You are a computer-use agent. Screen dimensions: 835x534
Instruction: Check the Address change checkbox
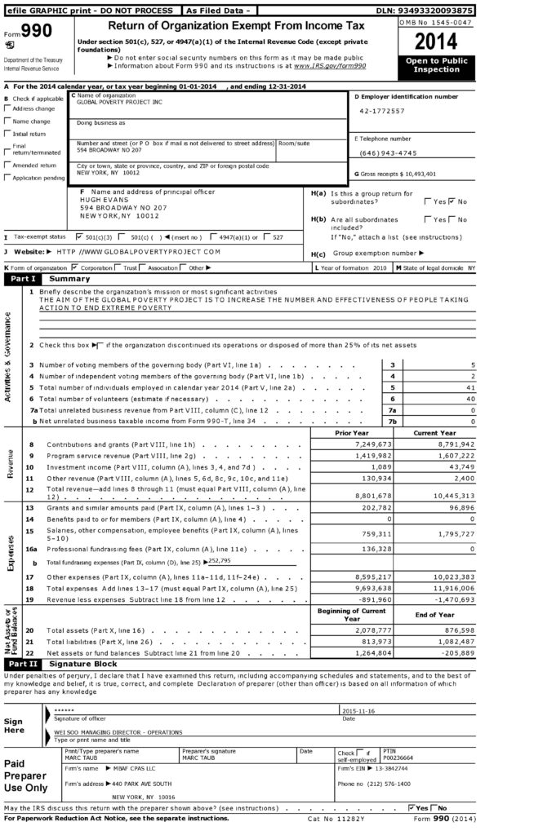(x=8, y=108)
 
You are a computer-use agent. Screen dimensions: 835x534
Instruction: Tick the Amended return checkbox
(x=8, y=165)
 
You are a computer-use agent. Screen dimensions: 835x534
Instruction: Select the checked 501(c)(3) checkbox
(x=78, y=237)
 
